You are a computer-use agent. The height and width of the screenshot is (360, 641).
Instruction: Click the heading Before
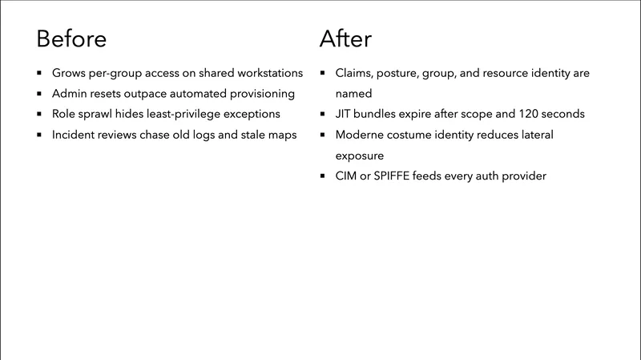click(x=71, y=38)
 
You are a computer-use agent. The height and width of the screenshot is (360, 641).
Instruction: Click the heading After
click(x=345, y=38)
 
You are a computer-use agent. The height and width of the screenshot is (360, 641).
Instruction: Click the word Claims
click(x=355, y=73)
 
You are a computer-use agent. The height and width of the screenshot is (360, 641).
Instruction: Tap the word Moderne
click(x=361, y=135)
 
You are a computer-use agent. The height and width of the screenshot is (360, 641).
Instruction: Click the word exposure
click(x=361, y=155)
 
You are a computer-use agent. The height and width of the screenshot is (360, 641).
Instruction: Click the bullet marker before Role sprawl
click(x=39, y=115)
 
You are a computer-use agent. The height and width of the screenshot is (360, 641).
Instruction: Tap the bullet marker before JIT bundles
click(x=321, y=115)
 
